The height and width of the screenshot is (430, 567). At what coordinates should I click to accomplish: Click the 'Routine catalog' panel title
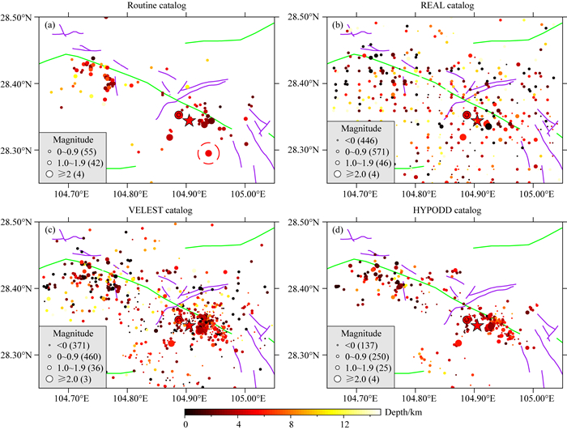[156, 6]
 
